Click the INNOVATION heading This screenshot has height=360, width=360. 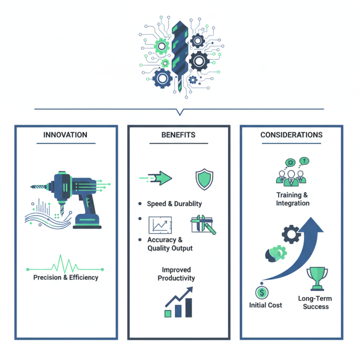pos(65,135)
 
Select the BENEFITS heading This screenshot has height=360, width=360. pos(178,135)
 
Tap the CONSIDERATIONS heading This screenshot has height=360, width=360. pos(291,135)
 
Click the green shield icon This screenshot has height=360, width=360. pos(204,179)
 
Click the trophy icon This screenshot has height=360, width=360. pos(317,279)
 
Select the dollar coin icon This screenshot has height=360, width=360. pos(262,292)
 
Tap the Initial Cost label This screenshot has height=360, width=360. pos(265,305)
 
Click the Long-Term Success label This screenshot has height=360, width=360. pos(315,302)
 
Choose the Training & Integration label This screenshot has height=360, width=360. pos(292,199)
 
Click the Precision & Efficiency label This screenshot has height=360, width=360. pos(66,278)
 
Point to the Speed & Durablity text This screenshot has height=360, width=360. pos(174,204)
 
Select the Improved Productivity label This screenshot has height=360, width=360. pos(176,274)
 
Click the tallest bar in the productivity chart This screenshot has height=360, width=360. pos(189,308)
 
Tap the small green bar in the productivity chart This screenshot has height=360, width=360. pos(168,314)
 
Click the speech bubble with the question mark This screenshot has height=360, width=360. pos(305,161)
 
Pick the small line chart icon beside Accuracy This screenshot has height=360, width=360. pos(160,225)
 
